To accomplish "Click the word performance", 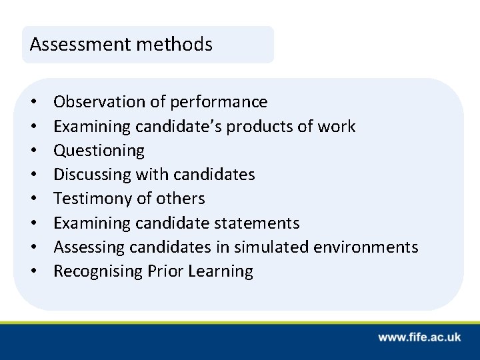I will click(x=219, y=102).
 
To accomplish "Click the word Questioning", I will click(x=99, y=151).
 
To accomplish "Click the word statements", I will click(x=257, y=223).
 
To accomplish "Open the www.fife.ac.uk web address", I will click(x=419, y=337).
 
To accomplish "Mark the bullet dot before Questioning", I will click(x=33, y=151).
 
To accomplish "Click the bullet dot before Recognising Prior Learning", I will click(x=33, y=271).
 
